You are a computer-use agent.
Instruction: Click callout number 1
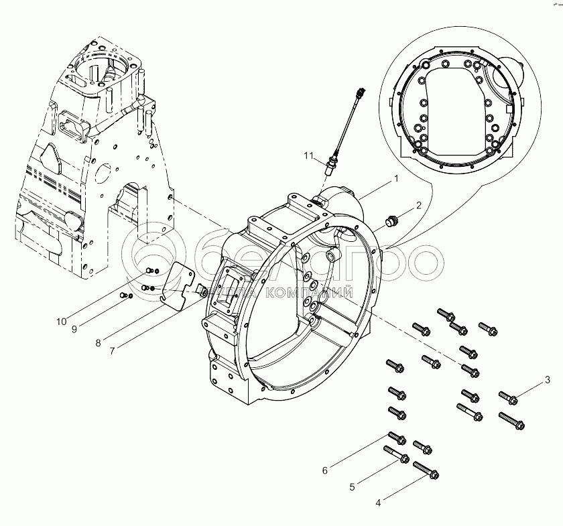pos(396,179)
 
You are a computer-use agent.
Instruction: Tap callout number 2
pos(418,206)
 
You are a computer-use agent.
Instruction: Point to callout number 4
pos(379,501)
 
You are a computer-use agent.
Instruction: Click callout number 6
pos(325,470)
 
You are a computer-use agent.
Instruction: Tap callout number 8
pos(98,342)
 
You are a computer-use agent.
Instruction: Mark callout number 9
pos(74,328)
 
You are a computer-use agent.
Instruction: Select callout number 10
pos(61,322)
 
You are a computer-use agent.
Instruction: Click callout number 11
pos(308,156)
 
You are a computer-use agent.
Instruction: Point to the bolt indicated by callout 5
pos(396,455)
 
